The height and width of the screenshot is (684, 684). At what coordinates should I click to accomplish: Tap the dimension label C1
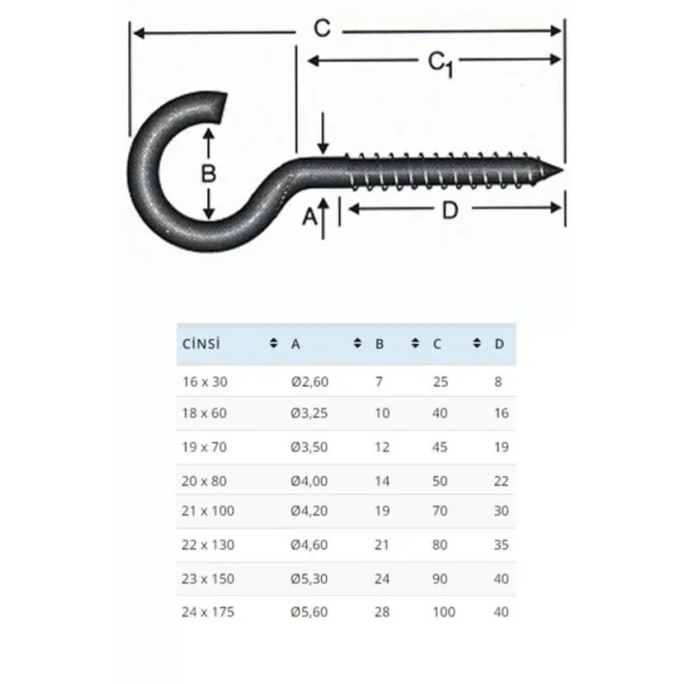tap(439, 62)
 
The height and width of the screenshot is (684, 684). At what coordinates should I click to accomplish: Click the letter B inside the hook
tap(208, 174)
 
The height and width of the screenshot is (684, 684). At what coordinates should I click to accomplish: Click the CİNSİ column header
tap(201, 343)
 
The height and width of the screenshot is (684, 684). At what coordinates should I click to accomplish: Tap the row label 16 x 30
tap(204, 381)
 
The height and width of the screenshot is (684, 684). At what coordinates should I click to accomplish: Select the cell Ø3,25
tap(312, 413)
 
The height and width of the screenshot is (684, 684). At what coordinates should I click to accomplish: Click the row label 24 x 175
tap(208, 612)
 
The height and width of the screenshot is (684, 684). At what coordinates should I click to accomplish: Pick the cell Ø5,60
tap(312, 612)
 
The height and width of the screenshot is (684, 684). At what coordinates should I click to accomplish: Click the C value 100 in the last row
tap(444, 612)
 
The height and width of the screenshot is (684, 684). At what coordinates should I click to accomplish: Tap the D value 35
tap(501, 545)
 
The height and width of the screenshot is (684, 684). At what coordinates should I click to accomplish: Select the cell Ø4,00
tap(312, 481)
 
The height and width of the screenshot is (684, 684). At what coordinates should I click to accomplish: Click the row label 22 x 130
tap(208, 545)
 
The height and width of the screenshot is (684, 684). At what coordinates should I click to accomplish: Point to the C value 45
tap(440, 446)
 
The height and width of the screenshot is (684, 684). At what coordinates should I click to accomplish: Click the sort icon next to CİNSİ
tap(274, 343)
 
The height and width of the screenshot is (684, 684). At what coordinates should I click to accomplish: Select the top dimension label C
tap(322, 29)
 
